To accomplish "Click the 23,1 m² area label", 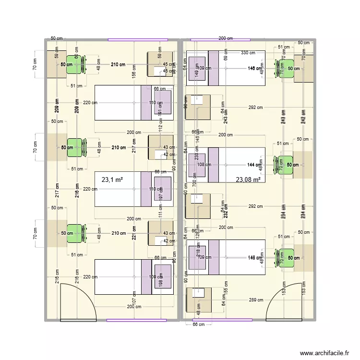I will pyautogui.click(x=112, y=180).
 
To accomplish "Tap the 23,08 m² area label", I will pyautogui.click(x=248, y=180).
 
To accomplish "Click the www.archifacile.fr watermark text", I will pyautogui.click(x=325, y=353).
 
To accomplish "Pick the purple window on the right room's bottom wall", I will pyautogui.click(x=211, y=320).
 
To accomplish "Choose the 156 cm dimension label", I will pyautogui.click(x=134, y=71).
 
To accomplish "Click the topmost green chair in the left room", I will pyautogui.click(x=74, y=64).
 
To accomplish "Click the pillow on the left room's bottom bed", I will pyautogui.click(x=162, y=277).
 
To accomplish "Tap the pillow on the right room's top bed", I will pyautogui.click(x=197, y=68).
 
